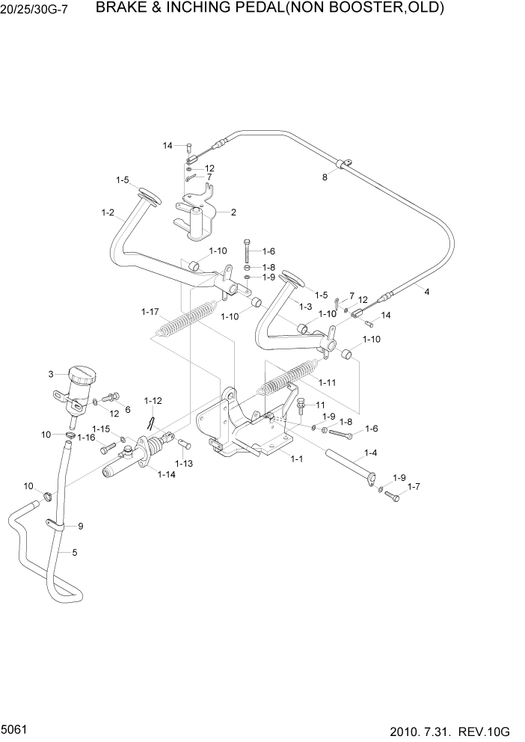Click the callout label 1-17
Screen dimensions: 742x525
pos(150,311)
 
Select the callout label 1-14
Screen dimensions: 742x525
pos(166,473)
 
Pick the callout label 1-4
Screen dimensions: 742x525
pos(370,453)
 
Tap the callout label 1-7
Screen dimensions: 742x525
pos(414,487)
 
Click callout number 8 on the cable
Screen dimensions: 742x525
pos(325,177)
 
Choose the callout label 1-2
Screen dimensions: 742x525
pos(108,213)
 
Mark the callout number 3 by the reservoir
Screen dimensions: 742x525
pos(51,374)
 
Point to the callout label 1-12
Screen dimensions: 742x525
pos(153,401)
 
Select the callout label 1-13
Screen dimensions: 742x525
pos(183,464)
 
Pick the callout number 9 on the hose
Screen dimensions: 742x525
pos(81,526)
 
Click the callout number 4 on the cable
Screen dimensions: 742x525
pos(426,292)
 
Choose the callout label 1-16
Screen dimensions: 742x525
pos(86,438)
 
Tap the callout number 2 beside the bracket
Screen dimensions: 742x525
pos(233,212)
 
